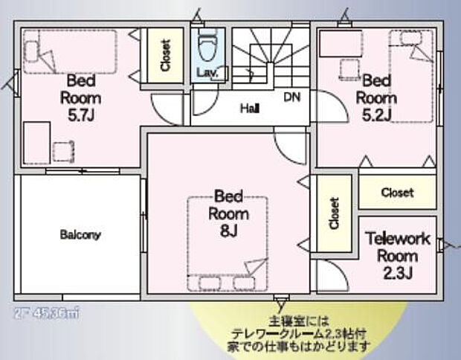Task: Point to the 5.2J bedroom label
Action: click(x=375, y=97)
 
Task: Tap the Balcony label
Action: click(x=80, y=235)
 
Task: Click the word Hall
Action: click(x=249, y=109)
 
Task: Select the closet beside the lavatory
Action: click(x=164, y=54)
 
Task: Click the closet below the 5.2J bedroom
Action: click(x=397, y=192)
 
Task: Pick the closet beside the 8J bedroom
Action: click(x=334, y=214)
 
